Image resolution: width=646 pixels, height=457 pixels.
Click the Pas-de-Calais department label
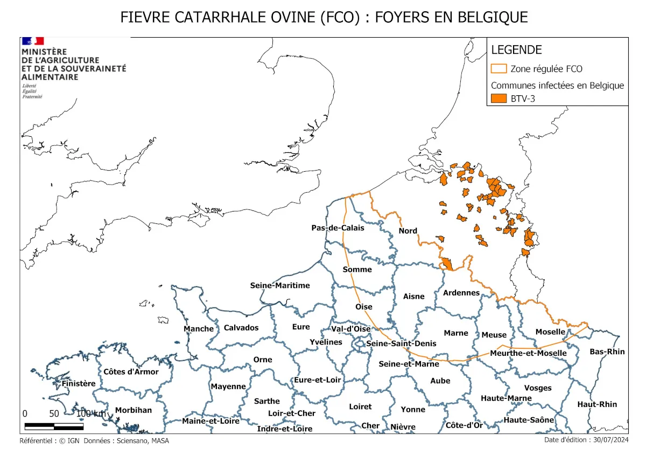pyautogui.click(x=338, y=228)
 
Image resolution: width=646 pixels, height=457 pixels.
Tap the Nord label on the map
pyautogui.click(x=408, y=231)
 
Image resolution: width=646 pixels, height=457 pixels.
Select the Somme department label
pyautogui.click(x=357, y=269)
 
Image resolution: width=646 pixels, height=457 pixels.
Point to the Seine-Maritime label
pyautogui.click(x=280, y=285)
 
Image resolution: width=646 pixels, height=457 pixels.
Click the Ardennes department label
pyautogui.click(x=461, y=293)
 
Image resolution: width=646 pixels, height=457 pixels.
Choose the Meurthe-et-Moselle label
pyautogui.click(x=528, y=353)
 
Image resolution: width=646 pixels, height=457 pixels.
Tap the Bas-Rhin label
pyautogui.click(x=607, y=351)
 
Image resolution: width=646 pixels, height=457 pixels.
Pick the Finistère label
pyautogui.click(x=79, y=384)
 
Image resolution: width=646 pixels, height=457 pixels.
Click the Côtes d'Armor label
pyautogui.click(x=131, y=371)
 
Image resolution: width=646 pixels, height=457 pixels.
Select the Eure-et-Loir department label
pyautogui.click(x=318, y=379)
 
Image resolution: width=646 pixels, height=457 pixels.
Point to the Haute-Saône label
pyautogui.click(x=529, y=420)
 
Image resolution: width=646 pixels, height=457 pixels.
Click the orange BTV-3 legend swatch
pyautogui.click(x=499, y=99)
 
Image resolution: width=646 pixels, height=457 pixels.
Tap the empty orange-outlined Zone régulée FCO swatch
pyautogui.click(x=499, y=69)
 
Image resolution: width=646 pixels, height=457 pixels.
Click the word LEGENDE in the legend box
pyautogui.click(x=516, y=50)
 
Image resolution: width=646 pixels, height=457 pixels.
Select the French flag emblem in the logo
pyautogui.click(x=32, y=41)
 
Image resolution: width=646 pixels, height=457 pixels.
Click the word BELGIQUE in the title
pyautogui.click(x=493, y=17)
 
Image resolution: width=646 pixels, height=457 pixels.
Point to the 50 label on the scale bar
pyautogui.click(x=54, y=414)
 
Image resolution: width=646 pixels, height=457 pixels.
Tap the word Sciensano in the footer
pyautogui.click(x=130, y=441)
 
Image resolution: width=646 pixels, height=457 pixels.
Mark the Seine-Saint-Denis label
pyautogui.click(x=401, y=343)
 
